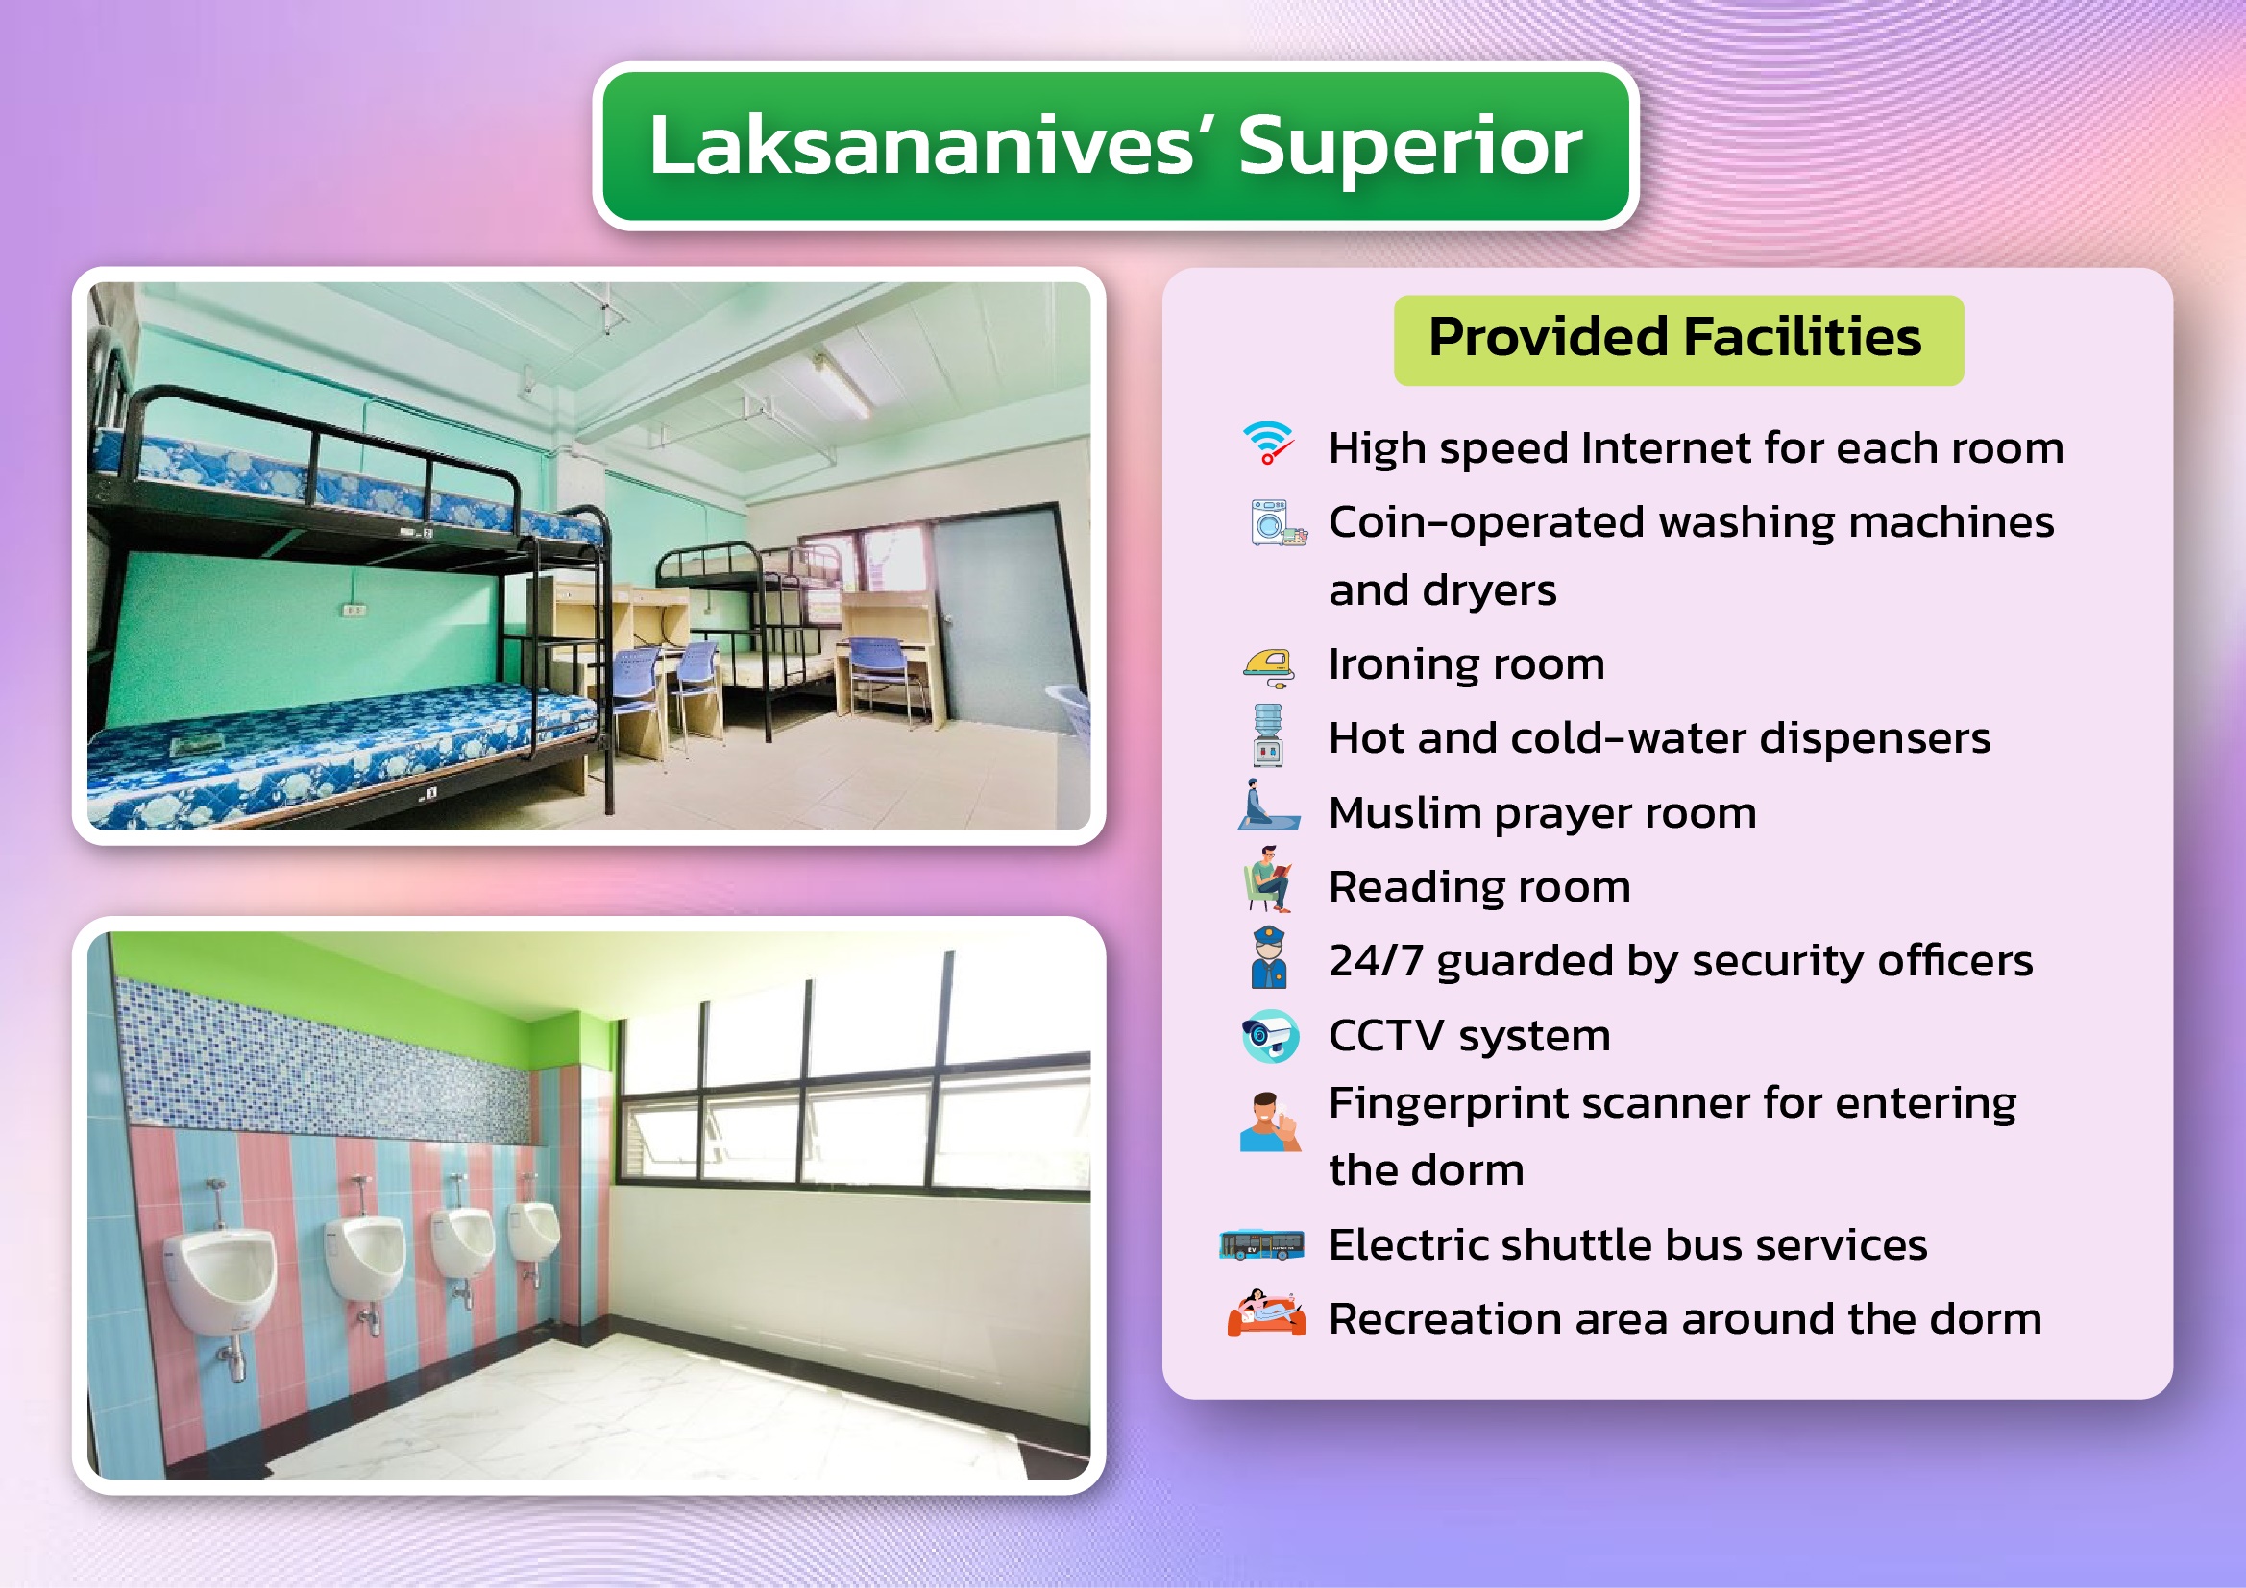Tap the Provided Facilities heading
coord(1674,337)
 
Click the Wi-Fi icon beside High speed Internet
coord(1269,443)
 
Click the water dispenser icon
coord(1268,735)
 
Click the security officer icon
coord(1269,958)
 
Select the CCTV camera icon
coord(1270,1036)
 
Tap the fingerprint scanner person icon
coord(1270,1121)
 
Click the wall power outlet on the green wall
coord(354,611)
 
